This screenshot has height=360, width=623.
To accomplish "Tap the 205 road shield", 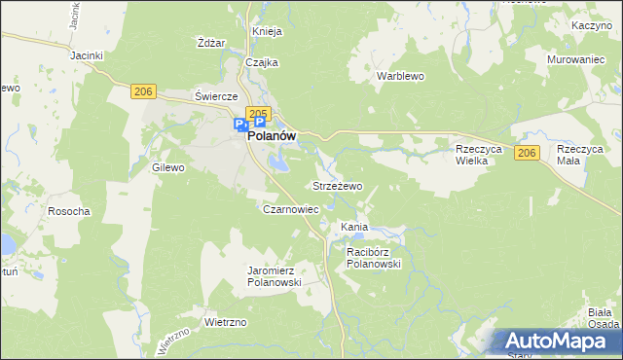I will (x=258, y=114).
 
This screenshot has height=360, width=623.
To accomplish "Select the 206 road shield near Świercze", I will (x=143, y=91).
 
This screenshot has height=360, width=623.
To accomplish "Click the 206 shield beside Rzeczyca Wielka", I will (x=527, y=154).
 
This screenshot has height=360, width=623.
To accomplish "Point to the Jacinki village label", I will (x=87, y=55).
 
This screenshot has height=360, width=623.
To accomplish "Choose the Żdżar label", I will (x=211, y=43).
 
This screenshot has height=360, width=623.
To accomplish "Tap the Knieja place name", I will (x=267, y=31).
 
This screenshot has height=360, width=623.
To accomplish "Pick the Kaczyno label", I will (x=591, y=23).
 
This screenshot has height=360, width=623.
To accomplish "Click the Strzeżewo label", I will (x=337, y=185).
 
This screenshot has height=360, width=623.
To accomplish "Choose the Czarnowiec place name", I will (x=291, y=209).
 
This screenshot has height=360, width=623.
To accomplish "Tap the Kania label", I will (x=353, y=228).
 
